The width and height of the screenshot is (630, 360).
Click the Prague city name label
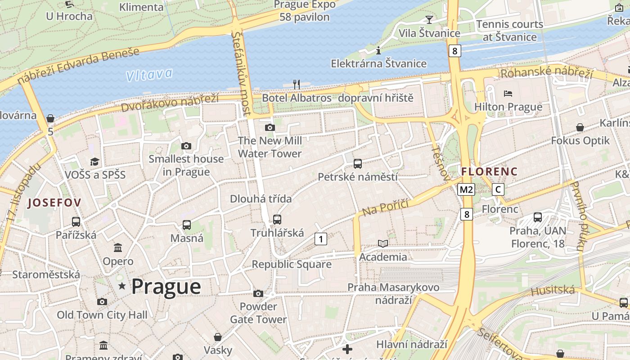coord(166,287)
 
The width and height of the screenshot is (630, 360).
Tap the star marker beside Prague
coord(122,286)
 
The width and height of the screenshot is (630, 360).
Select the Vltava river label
coord(149,75)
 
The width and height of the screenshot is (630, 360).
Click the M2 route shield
coord(466,189)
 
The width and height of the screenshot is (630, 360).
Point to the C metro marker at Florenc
coord(498,189)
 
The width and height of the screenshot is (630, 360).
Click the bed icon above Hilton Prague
coord(508,94)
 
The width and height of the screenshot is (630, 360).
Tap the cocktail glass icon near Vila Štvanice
coord(429,19)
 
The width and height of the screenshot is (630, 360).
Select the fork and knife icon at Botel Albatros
coord(296,84)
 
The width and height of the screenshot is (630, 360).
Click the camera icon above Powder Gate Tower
coord(258,294)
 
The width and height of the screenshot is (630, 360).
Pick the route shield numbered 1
coord(320,239)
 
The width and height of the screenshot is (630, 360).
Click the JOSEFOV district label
coord(54,203)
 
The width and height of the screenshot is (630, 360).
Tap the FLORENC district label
coord(490,171)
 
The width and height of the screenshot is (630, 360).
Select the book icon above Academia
coord(382,243)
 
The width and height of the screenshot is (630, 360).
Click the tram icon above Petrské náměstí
coord(358,164)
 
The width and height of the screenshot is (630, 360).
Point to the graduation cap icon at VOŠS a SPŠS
coord(95,162)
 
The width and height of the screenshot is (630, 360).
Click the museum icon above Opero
coord(118,247)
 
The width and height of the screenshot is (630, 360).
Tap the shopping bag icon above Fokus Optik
coord(580,127)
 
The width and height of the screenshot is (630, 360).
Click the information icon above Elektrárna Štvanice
coord(378,50)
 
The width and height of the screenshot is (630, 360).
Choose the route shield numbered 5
coord(50,132)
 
